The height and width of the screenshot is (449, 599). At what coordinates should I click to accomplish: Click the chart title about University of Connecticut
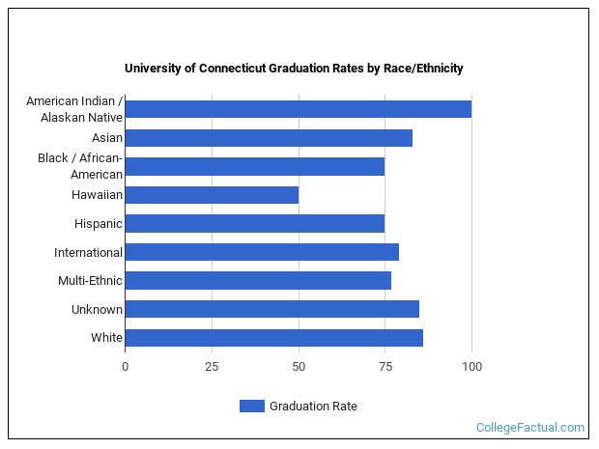[x=294, y=69]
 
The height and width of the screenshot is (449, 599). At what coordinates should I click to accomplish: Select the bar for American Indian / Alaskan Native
[x=298, y=109]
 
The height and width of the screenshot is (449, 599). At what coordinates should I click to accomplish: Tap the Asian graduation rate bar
[x=269, y=138]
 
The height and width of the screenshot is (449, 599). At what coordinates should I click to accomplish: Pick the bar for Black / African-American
[x=254, y=166]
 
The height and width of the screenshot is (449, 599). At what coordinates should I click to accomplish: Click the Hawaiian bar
[x=212, y=195]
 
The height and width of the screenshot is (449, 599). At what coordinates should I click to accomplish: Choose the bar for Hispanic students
[x=254, y=224]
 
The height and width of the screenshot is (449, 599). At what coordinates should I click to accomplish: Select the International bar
[x=262, y=252]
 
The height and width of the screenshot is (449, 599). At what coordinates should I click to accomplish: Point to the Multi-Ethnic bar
[x=258, y=281]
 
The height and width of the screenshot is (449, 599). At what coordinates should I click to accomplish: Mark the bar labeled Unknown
[x=271, y=309]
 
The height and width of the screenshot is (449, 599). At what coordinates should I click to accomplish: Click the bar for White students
[x=273, y=338]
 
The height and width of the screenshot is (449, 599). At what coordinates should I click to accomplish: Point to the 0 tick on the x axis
[x=125, y=367]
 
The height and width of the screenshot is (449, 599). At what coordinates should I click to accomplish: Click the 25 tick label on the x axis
[x=212, y=367]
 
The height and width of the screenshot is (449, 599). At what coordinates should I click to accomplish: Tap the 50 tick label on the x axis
[x=299, y=367]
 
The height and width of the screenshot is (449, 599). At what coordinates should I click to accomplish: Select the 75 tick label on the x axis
[x=385, y=367]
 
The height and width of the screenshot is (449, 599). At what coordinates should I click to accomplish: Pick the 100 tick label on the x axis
[x=471, y=367]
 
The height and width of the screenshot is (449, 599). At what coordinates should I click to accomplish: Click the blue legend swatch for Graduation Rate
[x=251, y=407]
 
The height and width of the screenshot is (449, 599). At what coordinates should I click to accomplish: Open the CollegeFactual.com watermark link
[x=530, y=428]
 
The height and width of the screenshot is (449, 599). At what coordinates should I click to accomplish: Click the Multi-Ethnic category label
[x=90, y=281]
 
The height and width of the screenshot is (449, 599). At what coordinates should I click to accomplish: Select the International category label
[x=88, y=252]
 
